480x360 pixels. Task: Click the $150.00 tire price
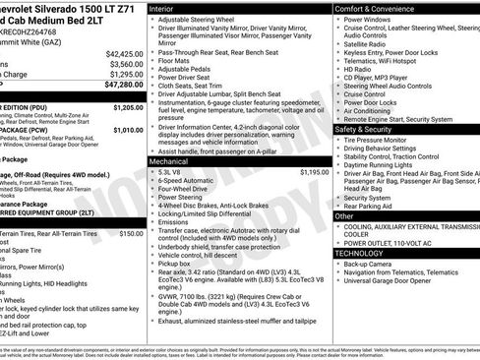(x=131, y=233)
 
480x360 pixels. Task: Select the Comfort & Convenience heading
(x=375, y=7)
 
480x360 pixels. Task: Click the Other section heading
(x=344, y=215)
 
